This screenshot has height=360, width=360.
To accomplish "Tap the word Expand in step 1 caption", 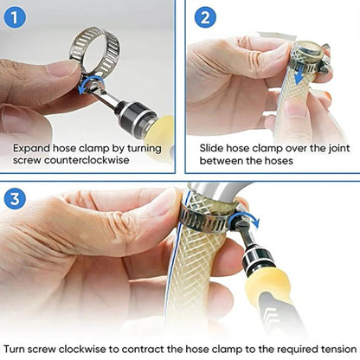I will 32,148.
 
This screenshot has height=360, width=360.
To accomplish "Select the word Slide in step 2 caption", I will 205,148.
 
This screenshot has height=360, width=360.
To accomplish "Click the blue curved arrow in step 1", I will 84,83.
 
